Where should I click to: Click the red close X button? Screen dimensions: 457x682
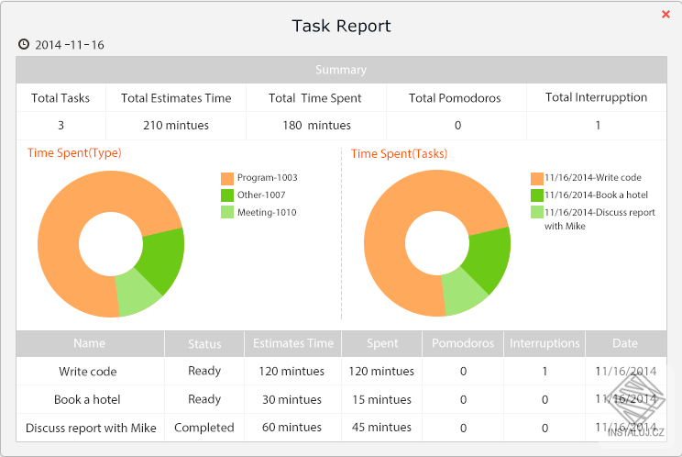665,15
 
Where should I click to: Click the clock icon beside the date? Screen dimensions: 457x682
24,44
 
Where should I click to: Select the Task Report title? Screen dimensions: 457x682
341,26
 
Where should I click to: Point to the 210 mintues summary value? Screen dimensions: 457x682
176,126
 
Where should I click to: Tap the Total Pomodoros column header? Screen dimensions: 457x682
455,98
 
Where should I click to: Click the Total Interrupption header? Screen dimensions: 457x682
596,98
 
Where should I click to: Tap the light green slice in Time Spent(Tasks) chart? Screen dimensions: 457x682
464,291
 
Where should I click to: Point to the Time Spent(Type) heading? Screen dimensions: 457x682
74,153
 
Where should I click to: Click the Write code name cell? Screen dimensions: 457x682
88,372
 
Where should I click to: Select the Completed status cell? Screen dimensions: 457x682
204,428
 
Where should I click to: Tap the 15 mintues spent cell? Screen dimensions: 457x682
381,400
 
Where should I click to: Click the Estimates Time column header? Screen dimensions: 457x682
293,344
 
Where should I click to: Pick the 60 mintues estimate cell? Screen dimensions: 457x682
293,428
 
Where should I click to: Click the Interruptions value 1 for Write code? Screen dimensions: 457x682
544,372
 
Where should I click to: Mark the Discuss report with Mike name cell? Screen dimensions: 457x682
91,428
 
